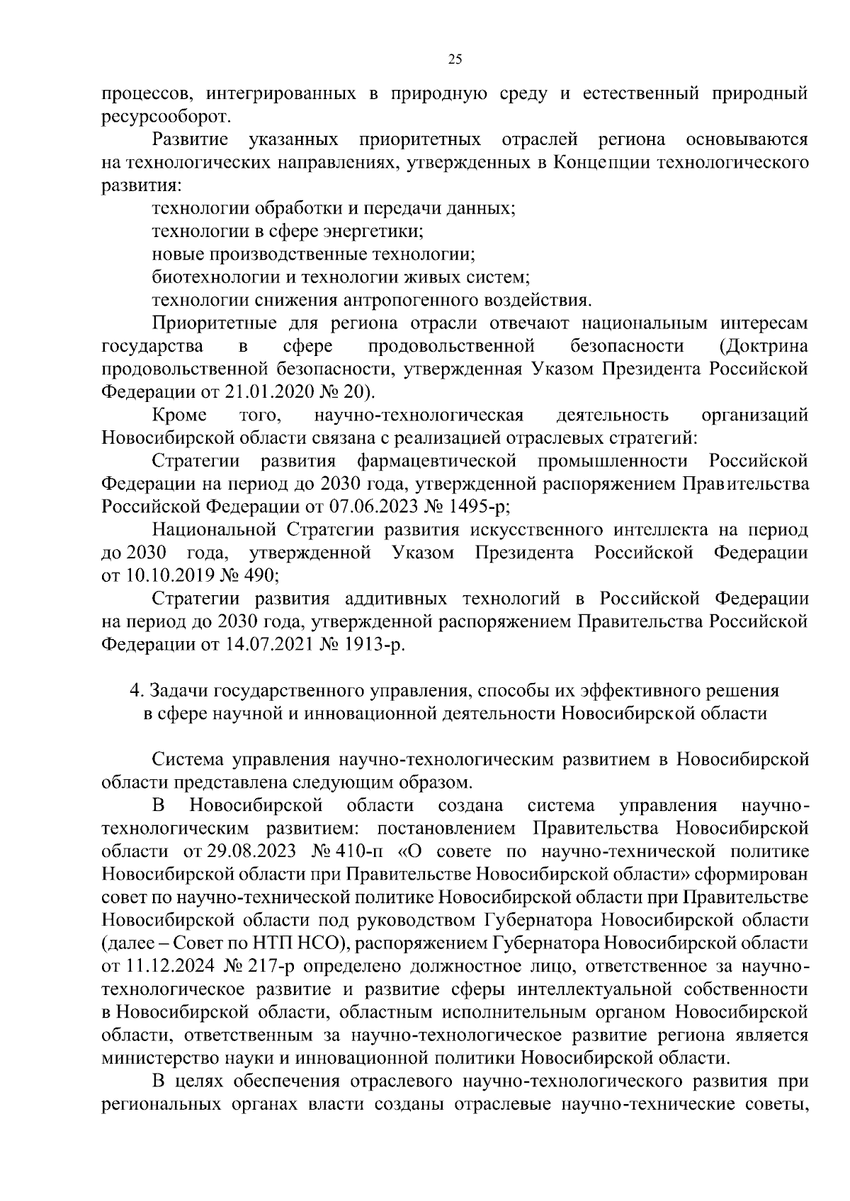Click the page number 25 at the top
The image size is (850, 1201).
coord(455,60)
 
